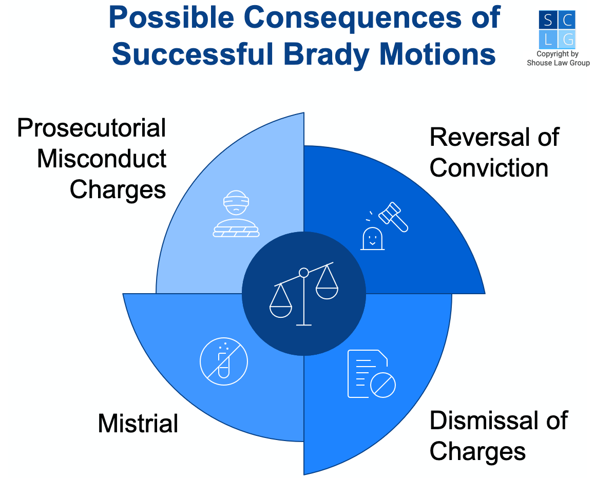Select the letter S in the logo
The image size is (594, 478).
(x=548, y=20)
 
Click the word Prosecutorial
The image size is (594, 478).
(x=92, y=128)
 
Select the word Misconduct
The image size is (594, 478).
(x=102, y=158)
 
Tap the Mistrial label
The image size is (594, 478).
(x=138, y=423)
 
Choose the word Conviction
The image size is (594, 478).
(x=489, y=168)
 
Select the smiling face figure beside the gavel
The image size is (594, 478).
(x=372, y=239)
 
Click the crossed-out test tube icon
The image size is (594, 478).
(x=224, y=361)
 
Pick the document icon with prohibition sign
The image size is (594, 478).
(x=372, y=374)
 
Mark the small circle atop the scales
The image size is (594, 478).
(x=304, y=272)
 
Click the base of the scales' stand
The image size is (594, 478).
(x=304, y=324)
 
